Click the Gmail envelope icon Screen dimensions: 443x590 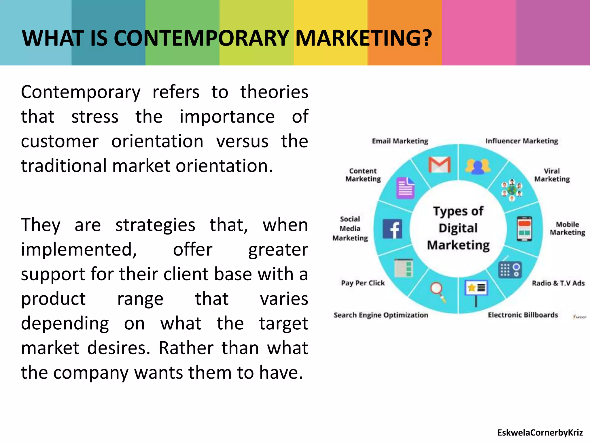[439, 165]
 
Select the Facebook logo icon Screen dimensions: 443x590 [392, 229]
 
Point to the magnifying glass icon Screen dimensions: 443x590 [438, 291]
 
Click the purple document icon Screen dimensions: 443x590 [406, 188]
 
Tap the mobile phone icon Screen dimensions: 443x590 [524, 229]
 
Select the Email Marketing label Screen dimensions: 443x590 [400, 141]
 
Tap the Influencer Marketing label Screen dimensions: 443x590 [522, 141]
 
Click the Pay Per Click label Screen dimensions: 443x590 [363, 283]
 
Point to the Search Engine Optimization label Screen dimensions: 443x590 [381, 315]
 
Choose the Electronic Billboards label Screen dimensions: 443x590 [523, 315]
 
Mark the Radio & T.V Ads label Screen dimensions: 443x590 [558, 283]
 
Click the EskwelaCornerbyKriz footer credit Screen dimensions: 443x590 [540, 433]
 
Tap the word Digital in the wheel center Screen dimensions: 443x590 [458, 228]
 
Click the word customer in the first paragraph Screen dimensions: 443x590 [60, 141]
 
